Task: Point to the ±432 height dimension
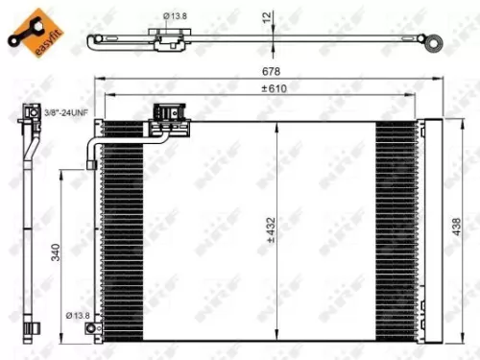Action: tap(275, 228)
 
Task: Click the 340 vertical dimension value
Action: tap(57, 252)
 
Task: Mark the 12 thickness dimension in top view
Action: tap(270, 15)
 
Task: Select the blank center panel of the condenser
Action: tap(221, 230)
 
